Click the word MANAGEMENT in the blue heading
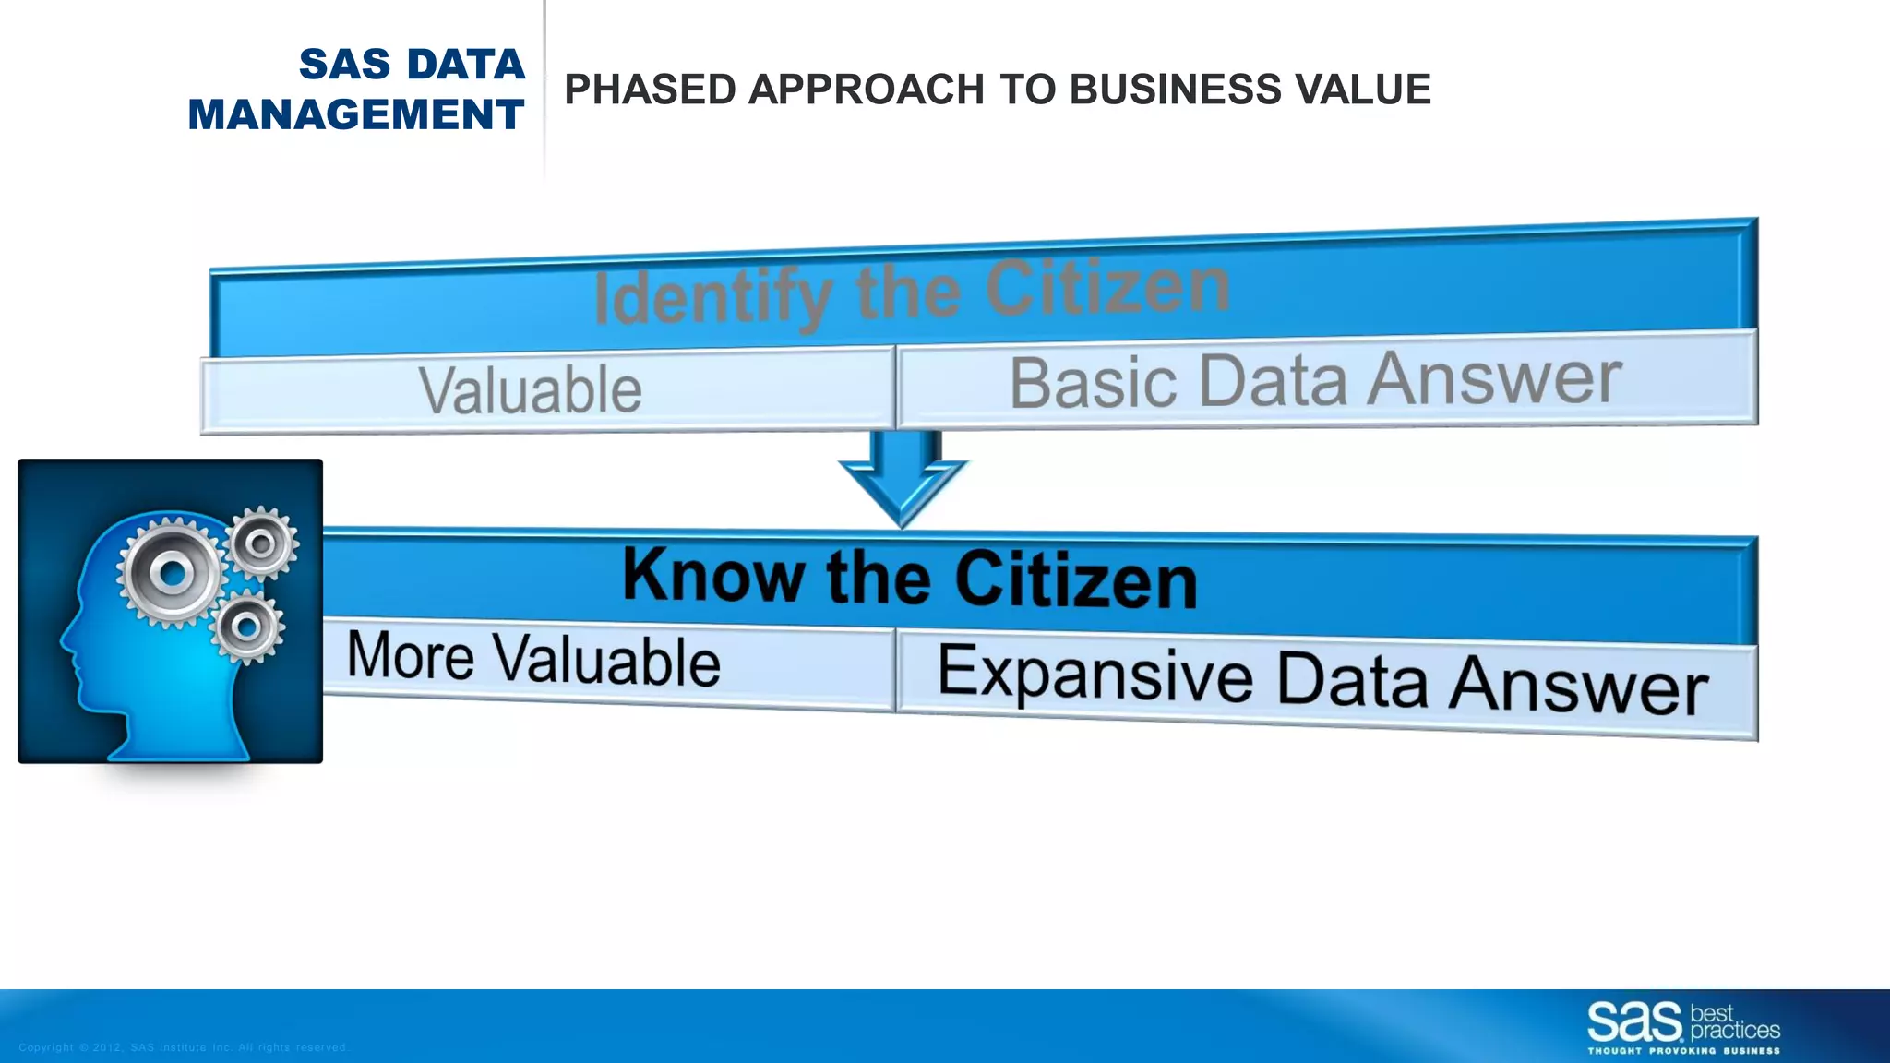point(356,115)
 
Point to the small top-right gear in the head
point(262,543)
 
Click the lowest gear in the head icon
point(246,627)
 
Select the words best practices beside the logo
point(1733,1023)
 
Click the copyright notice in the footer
point(183,1047)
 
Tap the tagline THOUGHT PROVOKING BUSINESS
point(1683,1051)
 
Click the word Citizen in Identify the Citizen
point(1107,288)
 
